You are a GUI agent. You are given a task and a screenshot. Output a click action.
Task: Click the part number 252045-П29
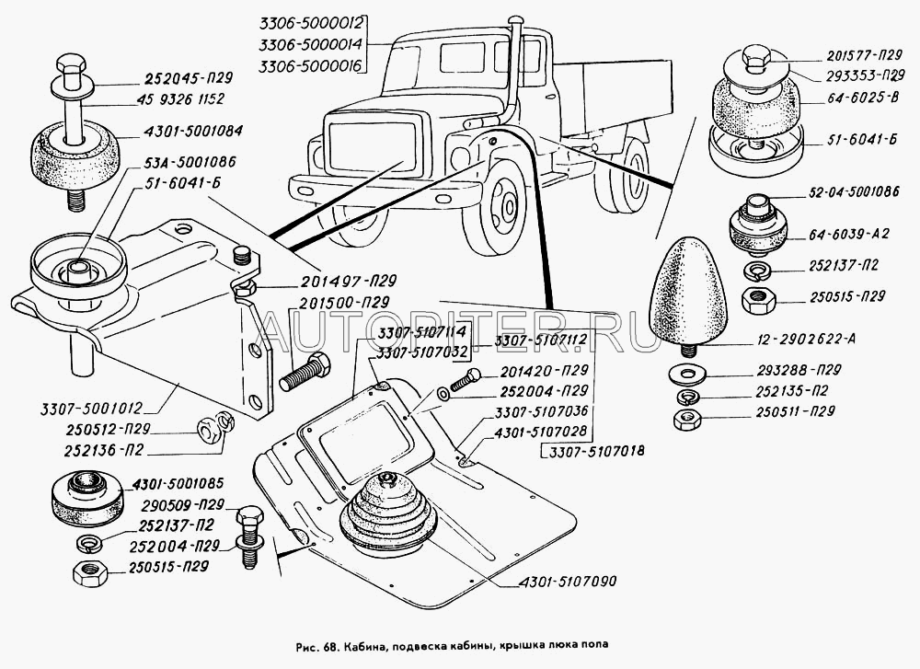190,77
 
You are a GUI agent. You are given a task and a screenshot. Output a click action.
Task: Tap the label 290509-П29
184,505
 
